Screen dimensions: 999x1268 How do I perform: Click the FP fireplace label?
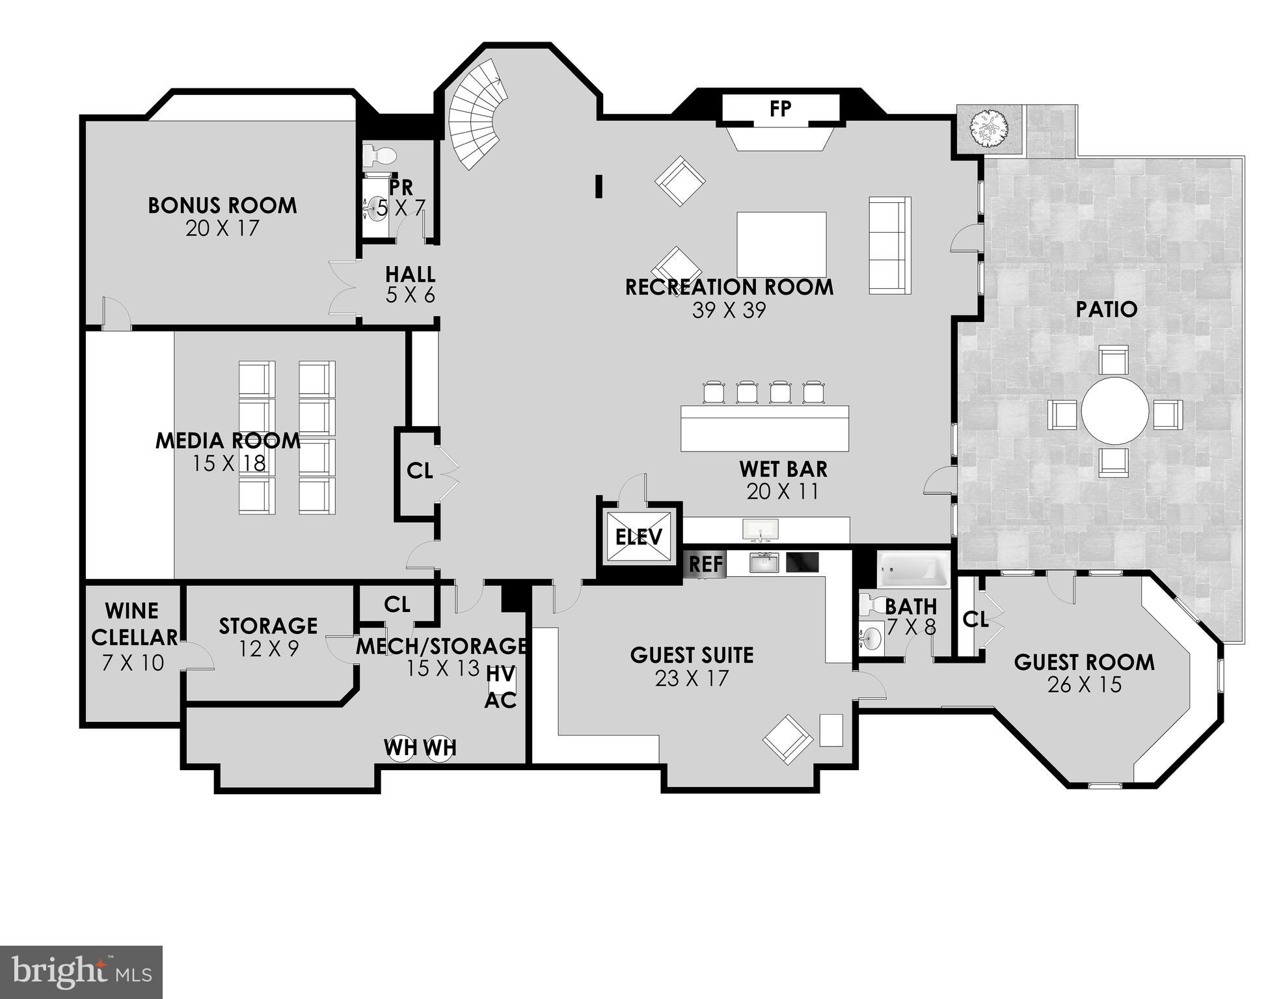[780, 109]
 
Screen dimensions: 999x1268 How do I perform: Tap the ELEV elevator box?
[638, 537]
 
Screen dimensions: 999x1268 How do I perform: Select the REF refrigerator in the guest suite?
[705, 564]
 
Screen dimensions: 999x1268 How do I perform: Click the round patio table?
[1114, 411]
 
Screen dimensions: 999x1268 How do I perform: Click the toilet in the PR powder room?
[380, 155]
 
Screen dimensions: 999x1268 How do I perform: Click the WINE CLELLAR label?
[133, 624]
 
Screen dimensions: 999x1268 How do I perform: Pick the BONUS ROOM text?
[223, 206]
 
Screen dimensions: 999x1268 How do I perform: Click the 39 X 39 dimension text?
[729, 310]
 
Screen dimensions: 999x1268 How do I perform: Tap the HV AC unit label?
[501, 687]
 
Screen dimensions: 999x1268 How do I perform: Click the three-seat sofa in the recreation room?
[889, 245]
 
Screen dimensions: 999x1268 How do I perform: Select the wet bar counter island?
[764, 428]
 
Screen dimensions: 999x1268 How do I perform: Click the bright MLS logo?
[81, 972]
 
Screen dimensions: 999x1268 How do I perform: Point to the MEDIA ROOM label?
[228, 441]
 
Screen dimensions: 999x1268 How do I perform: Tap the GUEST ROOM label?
[1084, 663]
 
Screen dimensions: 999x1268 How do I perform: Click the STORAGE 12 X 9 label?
[268, 636]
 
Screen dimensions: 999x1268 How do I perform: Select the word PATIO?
[1106, 310]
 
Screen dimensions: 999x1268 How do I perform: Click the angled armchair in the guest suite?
[788, 739]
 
